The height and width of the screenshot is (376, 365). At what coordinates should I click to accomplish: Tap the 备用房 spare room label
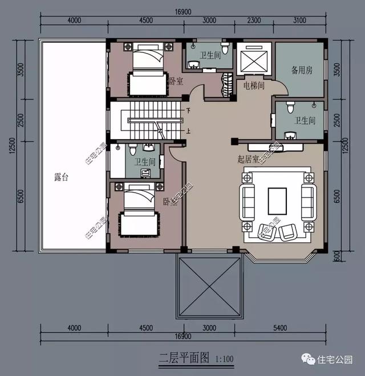coord(302,71)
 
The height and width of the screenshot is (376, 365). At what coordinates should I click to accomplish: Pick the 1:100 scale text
coord(225,359)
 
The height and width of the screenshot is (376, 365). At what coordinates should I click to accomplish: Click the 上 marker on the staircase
coord(189,130)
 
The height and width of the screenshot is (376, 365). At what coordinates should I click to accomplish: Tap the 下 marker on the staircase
coord(189,109)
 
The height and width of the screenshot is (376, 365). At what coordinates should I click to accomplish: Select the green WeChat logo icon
coord(309,359)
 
